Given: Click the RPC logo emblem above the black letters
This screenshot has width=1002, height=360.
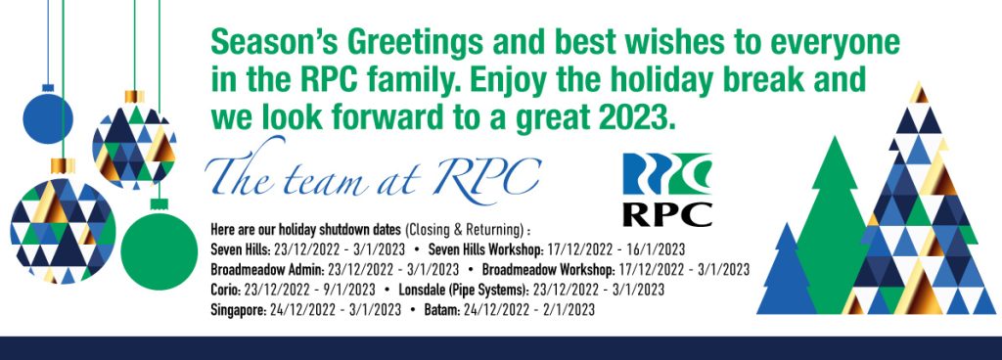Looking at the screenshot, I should click(667, 173).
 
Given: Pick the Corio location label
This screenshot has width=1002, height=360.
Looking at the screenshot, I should click(228, 290).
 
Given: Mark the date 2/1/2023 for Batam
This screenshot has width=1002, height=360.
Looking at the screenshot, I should click(562, 310).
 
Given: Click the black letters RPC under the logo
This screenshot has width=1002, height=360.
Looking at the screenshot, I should click(667, 213).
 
